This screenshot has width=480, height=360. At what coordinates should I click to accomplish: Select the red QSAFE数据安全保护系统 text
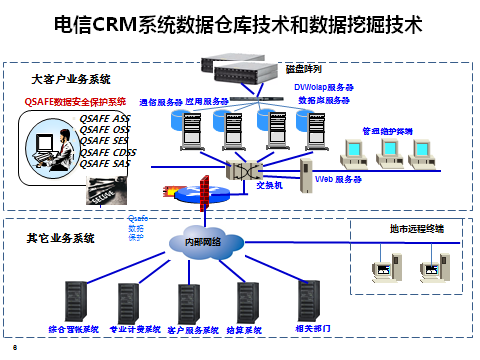point(76,102)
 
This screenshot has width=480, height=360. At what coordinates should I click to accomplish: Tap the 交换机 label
point(271,184)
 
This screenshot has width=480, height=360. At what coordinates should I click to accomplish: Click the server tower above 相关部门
point(309,298)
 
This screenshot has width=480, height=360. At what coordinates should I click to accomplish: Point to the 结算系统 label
point(245,328)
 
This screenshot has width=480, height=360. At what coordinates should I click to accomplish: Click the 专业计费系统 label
point(134,328)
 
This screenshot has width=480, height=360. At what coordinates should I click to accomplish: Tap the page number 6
point(15,346)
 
